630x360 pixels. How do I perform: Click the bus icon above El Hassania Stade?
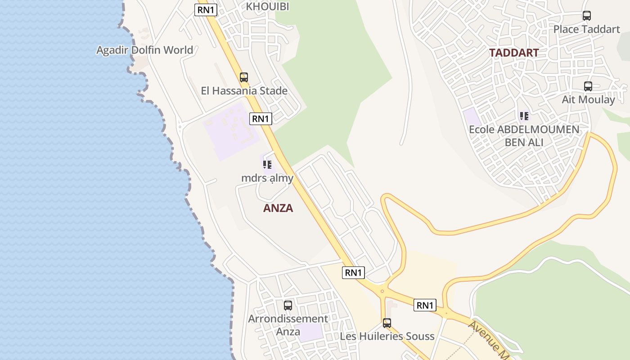pos(244,77)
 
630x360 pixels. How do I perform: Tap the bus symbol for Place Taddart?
pos(587,16)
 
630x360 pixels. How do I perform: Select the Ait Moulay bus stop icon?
pos(588,86)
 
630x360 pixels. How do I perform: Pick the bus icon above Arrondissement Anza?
pos(288,306)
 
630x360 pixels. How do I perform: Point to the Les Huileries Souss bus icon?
pos(387,323)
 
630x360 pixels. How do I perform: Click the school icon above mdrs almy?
pos(267,165)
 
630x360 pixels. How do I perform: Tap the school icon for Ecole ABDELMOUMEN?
pos(524,117)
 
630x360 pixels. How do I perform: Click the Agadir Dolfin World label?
pos(144,50)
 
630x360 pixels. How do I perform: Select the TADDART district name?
pos(514,53)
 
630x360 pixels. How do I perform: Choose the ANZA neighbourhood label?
pos(278,208)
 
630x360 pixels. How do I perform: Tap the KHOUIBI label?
pos(267,6)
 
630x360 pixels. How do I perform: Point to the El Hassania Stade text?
pos(244,91)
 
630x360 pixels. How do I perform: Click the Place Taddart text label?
pos(586,29)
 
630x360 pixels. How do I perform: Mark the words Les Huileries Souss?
pos(387,336)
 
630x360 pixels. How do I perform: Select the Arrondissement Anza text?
pos(288,325)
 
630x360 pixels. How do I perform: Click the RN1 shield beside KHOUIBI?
pos(206,10)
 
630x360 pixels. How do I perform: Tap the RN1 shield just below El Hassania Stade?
pos(261,119)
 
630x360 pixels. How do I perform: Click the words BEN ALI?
pos(524,143)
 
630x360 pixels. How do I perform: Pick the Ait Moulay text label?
pos(588,99)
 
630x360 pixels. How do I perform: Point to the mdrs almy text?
pos(267,178)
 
